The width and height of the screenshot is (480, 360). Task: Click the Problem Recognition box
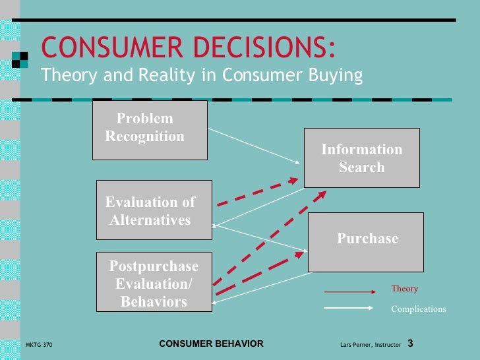pos(150,130)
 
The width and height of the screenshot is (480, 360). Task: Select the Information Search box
pos(361,158)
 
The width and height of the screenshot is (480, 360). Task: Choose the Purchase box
pos(366,242)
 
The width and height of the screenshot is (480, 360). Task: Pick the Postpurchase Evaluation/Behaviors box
pos(154,282)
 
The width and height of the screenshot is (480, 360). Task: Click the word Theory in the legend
pos(404,289)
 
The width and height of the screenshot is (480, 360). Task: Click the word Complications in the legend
pos(418,309)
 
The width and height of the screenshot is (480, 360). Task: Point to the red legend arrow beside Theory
pos(348,291)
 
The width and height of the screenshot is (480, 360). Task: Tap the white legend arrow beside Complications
pos(348,307)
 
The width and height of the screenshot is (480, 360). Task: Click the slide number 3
pos(410,344)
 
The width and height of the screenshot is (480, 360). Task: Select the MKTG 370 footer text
pos(39,345)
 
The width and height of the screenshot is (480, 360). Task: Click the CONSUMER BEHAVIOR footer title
pos(212,344)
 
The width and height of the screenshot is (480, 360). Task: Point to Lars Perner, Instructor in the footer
pos(371,345)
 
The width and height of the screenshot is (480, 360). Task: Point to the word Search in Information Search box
pos(361,167)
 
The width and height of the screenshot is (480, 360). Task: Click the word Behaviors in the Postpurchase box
pos(154,303)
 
